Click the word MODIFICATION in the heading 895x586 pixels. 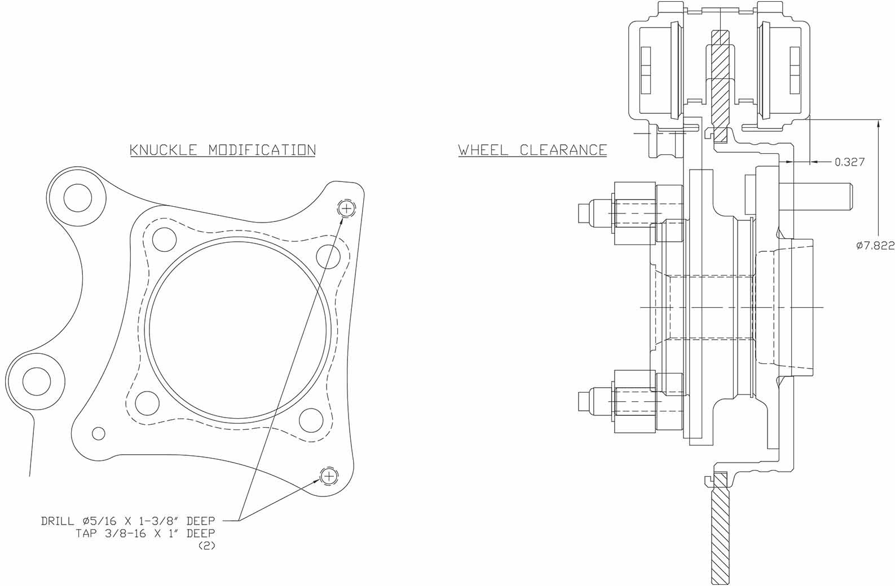[x=262, y=150]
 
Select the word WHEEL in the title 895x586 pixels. [x=483, y=150]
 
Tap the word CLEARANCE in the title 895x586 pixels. [x=563, y=150]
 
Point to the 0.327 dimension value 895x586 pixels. [x=849, y=162]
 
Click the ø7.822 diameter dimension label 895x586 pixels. [x=875, y=245]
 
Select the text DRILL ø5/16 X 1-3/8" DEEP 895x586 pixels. [x=128, y=521]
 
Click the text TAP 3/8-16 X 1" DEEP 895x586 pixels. [x=145, y=533]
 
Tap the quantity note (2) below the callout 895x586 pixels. [x=207, y=545]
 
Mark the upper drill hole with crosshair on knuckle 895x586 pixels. [x=346, y=208]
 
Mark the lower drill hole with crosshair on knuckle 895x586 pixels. [x=329, y=477]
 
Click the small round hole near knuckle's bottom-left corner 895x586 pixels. [x=99, y=433]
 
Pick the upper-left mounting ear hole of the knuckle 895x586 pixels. [x=77, y=198]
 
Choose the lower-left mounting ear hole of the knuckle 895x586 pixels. [x=37, y=381]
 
